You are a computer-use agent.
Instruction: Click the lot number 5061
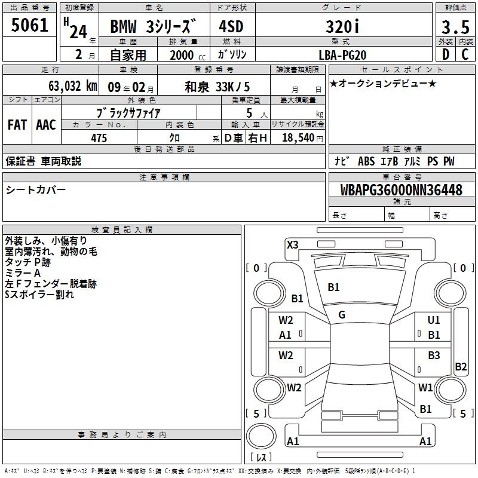point(29,25)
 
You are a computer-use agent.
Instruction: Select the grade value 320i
point(342,26)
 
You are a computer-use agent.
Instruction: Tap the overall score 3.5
point(455,27)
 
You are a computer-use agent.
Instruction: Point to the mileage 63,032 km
point(72,86)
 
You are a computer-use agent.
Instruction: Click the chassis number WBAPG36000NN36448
point(402,190)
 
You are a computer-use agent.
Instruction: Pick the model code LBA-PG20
point(342,55)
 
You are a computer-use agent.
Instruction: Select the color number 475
point(99,138)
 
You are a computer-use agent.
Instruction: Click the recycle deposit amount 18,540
point(298,138)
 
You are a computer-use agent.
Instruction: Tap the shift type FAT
point(17,125)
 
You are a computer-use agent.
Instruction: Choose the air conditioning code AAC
point(46,125)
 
